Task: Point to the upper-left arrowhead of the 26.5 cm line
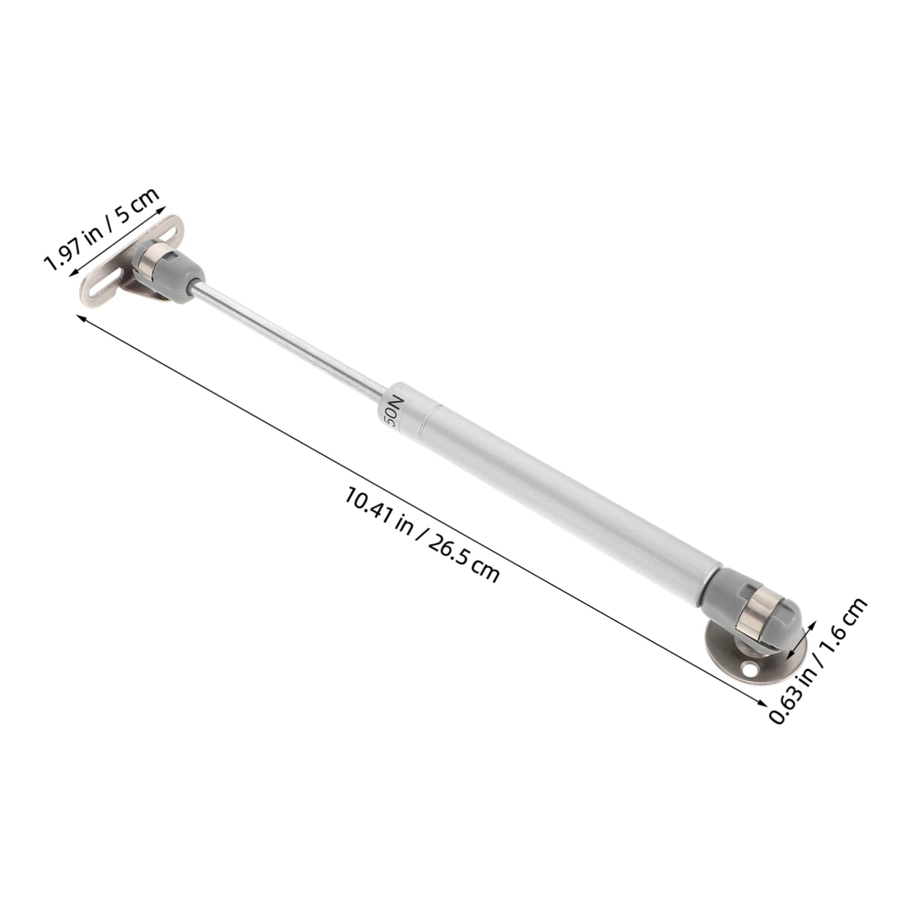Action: pos(80,317)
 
